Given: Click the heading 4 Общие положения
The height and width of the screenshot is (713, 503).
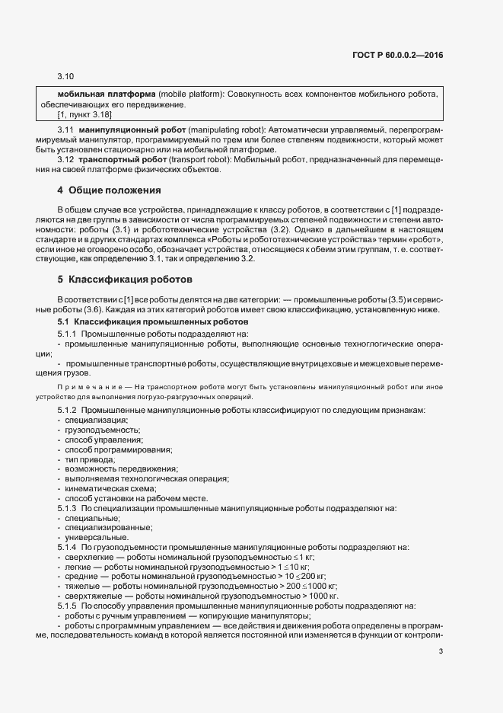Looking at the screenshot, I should (x=109, y=189).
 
